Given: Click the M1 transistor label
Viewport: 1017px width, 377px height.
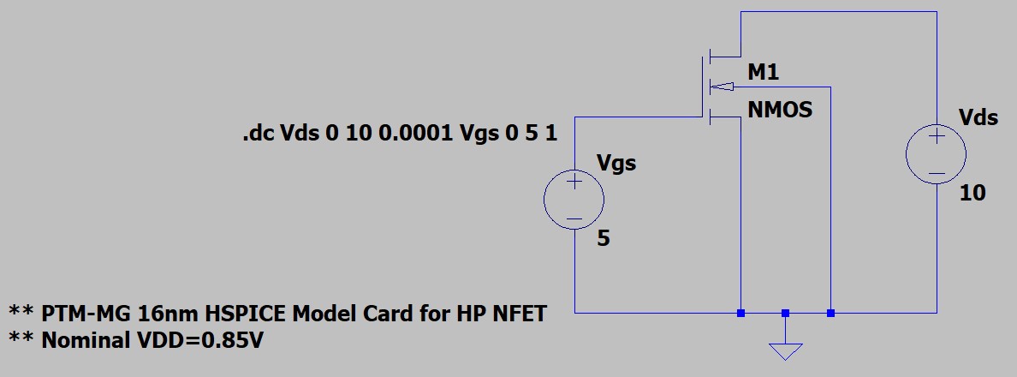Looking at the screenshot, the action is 764,74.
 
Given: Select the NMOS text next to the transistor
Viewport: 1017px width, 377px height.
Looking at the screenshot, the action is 779,111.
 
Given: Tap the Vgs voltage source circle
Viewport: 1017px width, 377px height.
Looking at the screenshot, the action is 574,200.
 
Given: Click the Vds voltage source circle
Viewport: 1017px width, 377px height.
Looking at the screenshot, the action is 937,155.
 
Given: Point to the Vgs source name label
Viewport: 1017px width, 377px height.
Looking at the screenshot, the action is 616,162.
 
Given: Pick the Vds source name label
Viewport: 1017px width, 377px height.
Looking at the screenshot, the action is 978,117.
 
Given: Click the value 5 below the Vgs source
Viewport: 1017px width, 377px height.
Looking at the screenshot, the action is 604,239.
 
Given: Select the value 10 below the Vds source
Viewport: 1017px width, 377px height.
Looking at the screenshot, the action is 972,194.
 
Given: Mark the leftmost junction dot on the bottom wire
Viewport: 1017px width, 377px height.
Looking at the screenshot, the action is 740,313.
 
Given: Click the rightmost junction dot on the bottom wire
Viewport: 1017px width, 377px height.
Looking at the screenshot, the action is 830,313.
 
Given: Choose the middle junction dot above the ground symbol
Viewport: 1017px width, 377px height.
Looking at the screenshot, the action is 785,313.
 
